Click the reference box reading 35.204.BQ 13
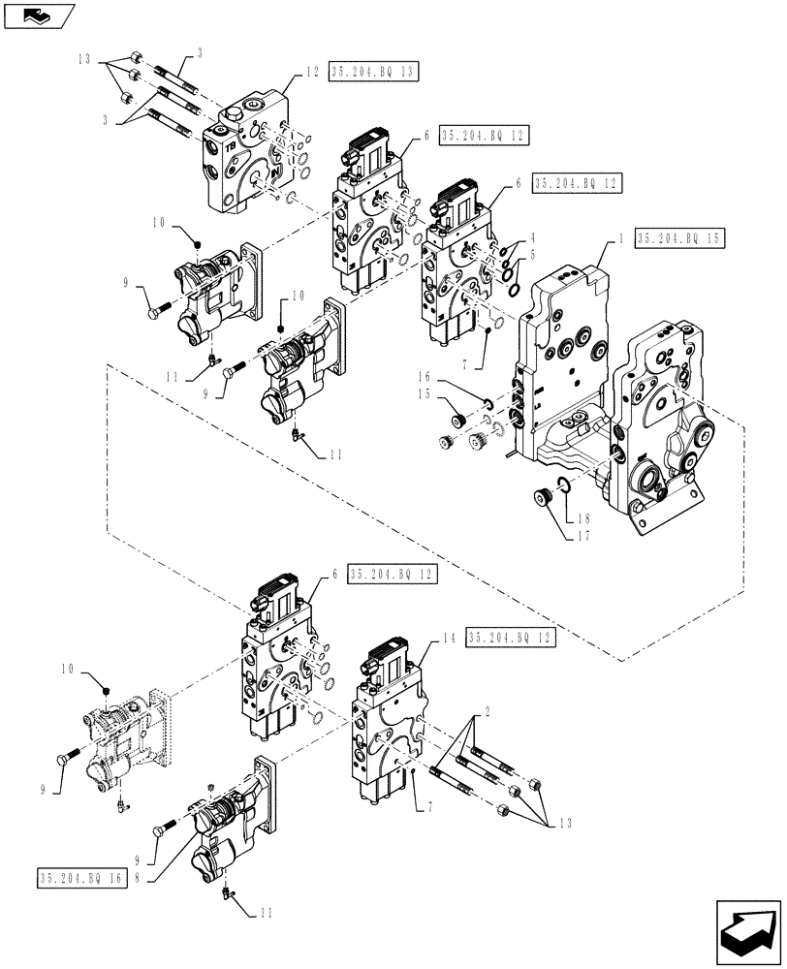click(x=373, y=73)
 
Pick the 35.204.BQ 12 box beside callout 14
click(x=512, y=638)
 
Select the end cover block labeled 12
click(x=247, y=155)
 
